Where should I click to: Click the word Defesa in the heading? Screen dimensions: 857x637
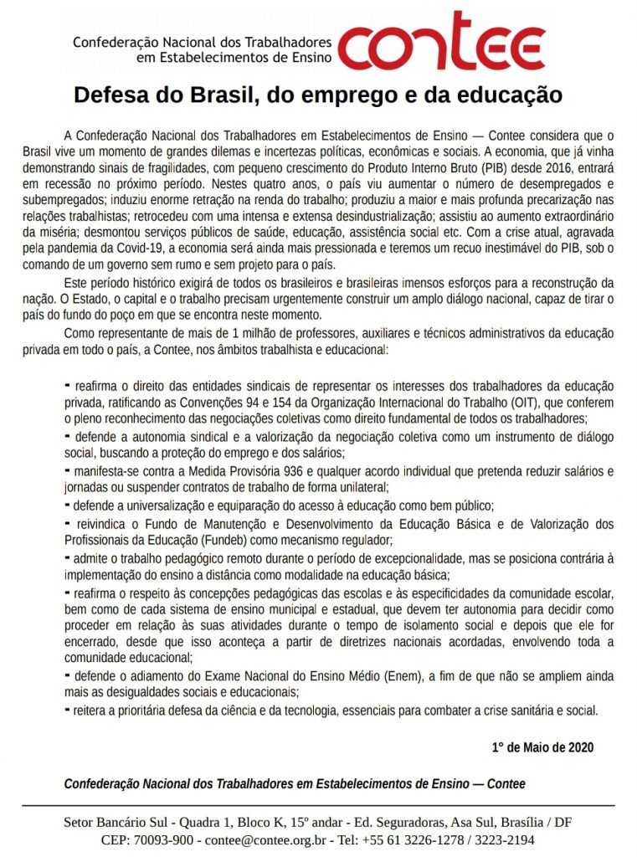pos(109,95)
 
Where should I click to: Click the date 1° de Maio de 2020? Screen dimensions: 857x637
pos(542,747)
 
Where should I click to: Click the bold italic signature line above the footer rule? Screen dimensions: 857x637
pos(295,784)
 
